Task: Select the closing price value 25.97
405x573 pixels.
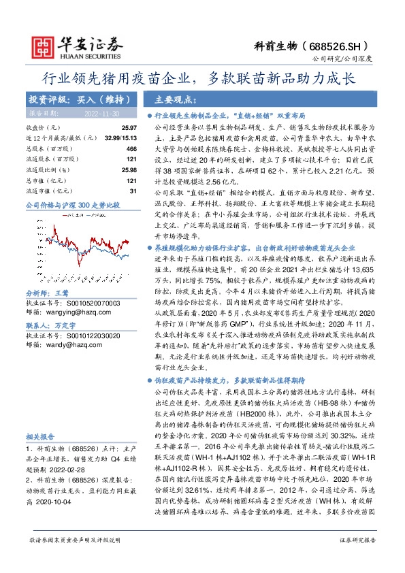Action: [x=129, y=128]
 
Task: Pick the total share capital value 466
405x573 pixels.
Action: [x=132, y=148]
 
